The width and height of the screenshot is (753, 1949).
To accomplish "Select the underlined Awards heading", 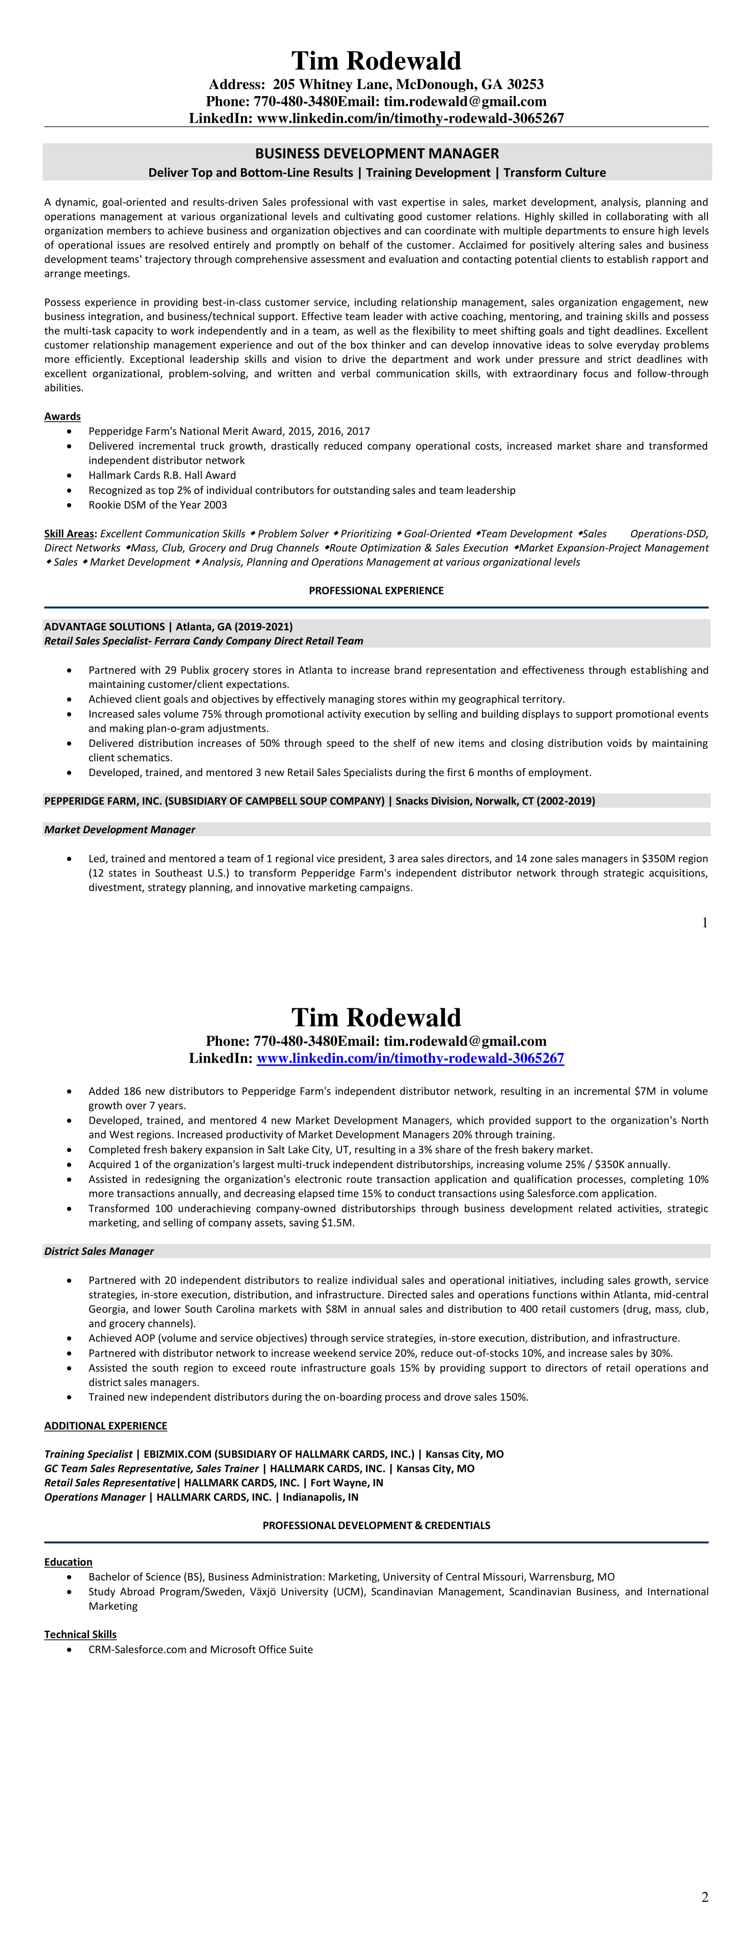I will pos(62,416).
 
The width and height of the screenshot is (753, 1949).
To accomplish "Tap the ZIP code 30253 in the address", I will pos(525,84).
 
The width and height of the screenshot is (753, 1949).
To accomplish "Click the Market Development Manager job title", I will pos(120,829).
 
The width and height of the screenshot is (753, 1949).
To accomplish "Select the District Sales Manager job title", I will pos(99,1250).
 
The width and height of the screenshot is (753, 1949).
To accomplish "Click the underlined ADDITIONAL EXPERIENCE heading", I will pos(105,1425).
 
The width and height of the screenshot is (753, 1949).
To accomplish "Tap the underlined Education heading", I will pos(68,1561).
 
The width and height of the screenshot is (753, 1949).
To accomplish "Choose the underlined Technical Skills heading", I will pos(80,1634).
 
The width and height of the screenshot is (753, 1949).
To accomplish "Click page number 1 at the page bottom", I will pos(705,922).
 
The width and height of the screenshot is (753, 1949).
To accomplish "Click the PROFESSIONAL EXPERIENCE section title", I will pos(376,590).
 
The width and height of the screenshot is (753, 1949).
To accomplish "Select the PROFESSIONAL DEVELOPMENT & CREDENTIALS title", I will pos(376,1525).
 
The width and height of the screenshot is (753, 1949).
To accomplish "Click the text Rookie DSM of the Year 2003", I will pos(157,505).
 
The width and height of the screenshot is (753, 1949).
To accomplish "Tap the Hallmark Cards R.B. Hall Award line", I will pos(162,475).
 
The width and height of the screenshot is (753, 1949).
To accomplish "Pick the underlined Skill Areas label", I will pos(70,533).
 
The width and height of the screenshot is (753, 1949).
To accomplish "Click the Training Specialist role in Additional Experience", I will pos(88,1454).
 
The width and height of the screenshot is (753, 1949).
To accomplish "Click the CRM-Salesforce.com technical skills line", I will pos(201,1650).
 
